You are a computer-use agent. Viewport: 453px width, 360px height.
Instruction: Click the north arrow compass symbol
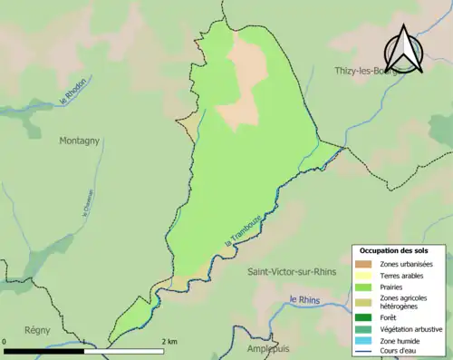click(405, 50)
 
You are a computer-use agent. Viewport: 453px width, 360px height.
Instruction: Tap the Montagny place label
click(80, 141)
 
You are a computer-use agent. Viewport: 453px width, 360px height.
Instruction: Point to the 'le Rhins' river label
click(306, 300)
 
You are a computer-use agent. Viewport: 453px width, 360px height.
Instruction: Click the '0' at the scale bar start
click(6, 342)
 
